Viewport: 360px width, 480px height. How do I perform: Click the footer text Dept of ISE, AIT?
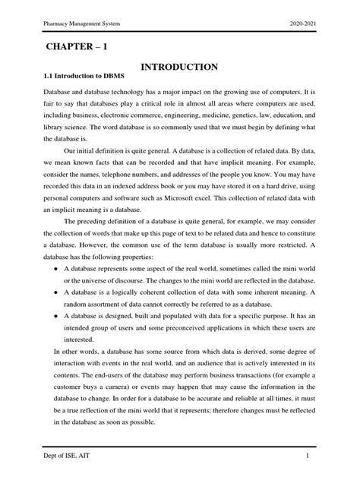click(x=65, y=455)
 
